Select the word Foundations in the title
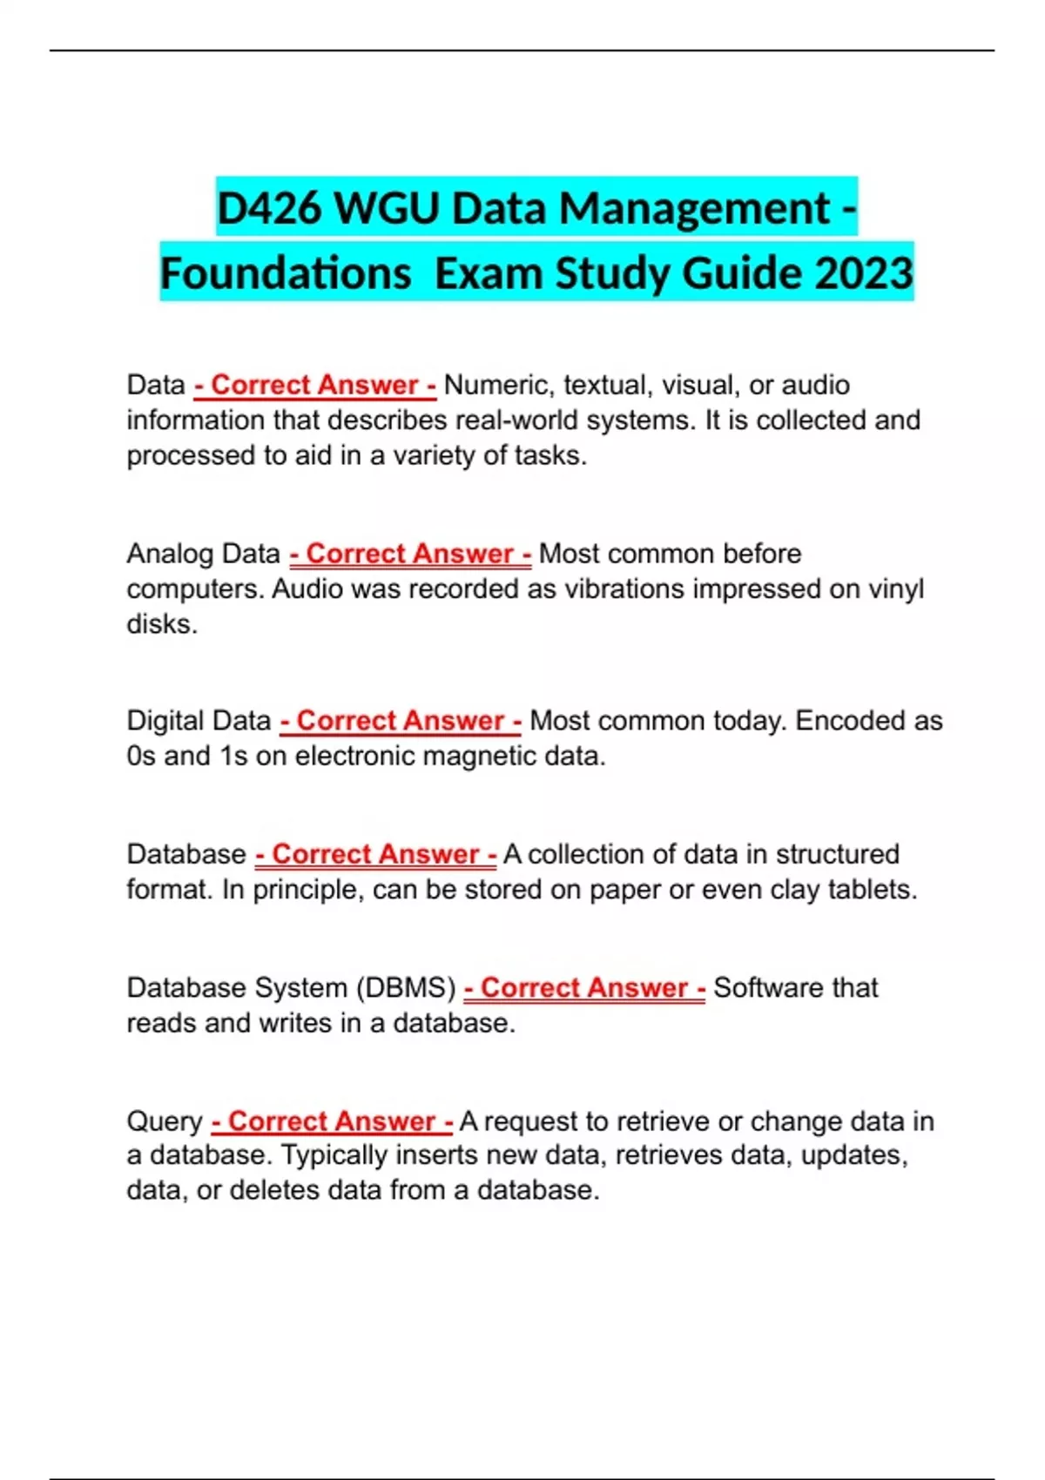(286, 273)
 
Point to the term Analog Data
(203, 554)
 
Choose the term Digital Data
(199, 721)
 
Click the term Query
(164, 1121)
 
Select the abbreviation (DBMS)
(406, 988)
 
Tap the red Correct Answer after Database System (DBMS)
(584, 988)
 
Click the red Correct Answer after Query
(332, 1121)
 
